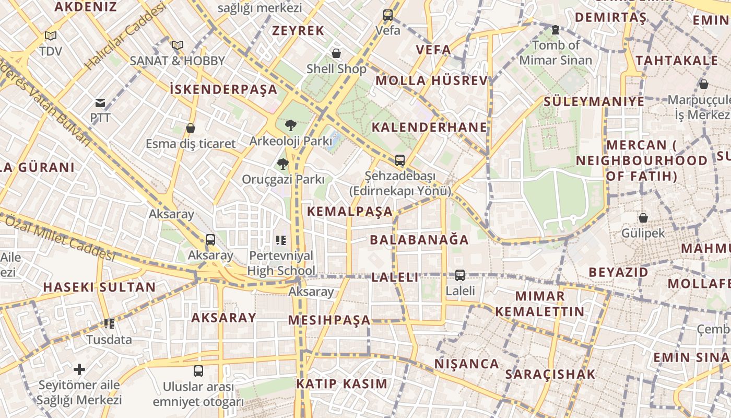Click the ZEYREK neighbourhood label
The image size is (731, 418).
point(298,31)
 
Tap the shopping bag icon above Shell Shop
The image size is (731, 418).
point(336,53)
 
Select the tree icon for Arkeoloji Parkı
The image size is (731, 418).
point(291,125)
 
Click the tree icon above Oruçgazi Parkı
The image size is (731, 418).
point(282,164)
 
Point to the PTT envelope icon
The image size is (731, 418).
point(100,103)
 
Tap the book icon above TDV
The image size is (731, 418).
point(50,36)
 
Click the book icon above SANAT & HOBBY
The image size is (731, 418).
point(178,45)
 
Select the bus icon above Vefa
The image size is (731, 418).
point(387,15)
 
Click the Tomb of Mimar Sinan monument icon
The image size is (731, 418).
point(555,30)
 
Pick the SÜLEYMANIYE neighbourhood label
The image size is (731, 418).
point(594,101)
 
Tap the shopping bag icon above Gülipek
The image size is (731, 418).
point(643,218)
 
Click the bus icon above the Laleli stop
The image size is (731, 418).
point(459,275)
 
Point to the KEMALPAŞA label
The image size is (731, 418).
point(350,212)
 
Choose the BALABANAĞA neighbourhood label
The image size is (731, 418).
point(419,240)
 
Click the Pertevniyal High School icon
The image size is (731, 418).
point(281,240)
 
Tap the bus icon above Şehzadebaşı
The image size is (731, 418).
point(399,160)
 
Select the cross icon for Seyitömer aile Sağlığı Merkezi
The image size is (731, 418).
point(79,370)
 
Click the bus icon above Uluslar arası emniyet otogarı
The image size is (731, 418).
point(198,371)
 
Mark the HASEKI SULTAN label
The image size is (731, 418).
point(99,287)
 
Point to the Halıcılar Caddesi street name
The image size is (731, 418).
point(125,37)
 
